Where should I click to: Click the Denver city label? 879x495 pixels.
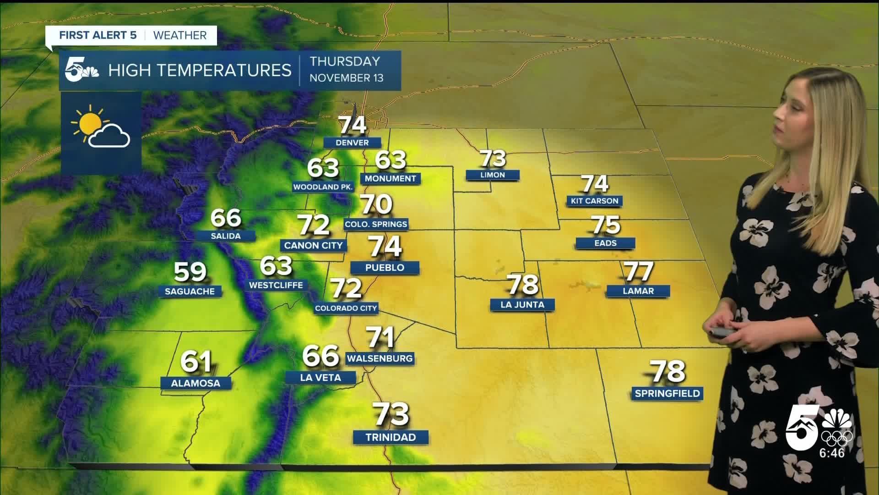[352, 143]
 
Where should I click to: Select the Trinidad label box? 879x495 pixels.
[391, 437]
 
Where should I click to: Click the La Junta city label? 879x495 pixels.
[522, 305]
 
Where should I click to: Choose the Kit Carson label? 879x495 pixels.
[594, 201]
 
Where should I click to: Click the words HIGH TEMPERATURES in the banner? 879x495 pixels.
[200, 71]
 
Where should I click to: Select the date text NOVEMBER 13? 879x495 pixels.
[346, 78]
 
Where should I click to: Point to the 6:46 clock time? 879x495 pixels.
[832, 453]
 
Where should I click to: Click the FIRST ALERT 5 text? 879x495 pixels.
[98, 35]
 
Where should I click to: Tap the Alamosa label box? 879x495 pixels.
[195, 383]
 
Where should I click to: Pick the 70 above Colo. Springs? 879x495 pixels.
[376, 204]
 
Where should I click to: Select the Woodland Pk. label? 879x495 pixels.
[323, 187]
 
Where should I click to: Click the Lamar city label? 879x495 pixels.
[638, 291]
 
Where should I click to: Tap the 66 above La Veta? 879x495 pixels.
[320, 356]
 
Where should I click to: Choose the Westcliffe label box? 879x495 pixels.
[276, 285]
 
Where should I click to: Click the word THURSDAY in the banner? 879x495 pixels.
[345, 61]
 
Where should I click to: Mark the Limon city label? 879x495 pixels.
[493, 175]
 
